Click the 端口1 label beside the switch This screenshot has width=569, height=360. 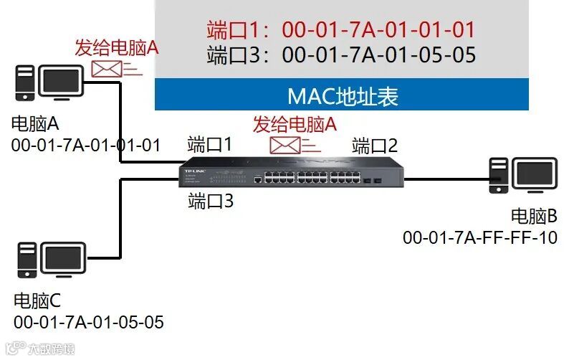[209, 143]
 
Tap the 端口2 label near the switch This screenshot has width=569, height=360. [375, 146]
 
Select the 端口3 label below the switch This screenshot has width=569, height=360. [211, 202]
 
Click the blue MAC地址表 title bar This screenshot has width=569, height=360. [342, 96]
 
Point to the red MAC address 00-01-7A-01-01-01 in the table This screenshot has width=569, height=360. [378, 30]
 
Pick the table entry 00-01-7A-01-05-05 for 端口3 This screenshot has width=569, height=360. [379, 55]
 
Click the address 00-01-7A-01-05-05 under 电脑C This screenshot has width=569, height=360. [88, 322]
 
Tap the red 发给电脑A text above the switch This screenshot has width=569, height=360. [294, 123]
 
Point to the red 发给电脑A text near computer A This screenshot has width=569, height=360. [116, 48]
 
